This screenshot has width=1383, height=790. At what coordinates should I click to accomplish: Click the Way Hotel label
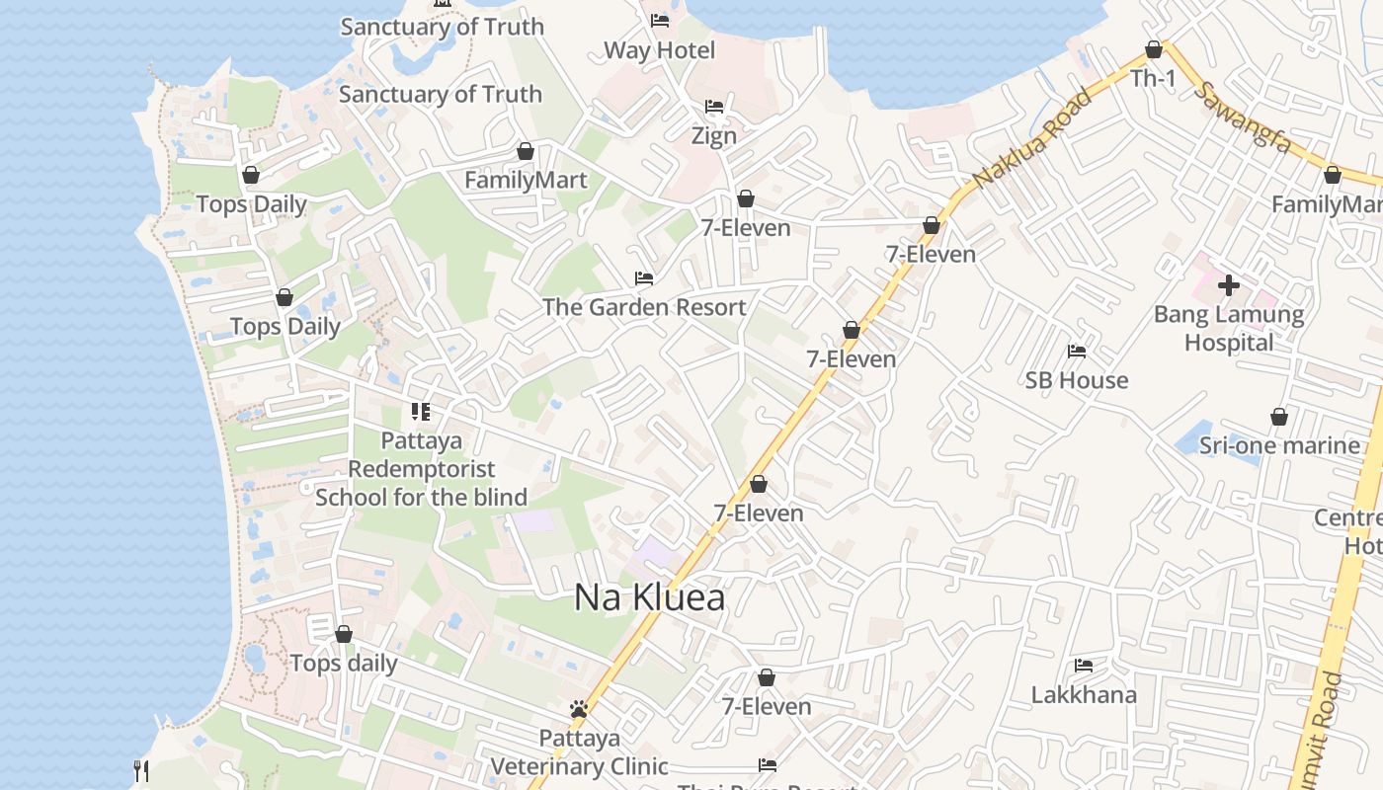pyautogui.click(x=659, y=49)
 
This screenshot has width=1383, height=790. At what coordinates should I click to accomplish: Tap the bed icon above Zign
pyautogui.click(x=714, y=107)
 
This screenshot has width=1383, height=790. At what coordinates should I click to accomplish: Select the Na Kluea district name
pyautogui.click(x=649, y=597)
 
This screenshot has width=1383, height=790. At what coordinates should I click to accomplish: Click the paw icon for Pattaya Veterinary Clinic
pyautogui.click(x=579, y=709)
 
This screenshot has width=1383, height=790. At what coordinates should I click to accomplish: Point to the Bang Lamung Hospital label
pyautogui.click(x=1229, y=329)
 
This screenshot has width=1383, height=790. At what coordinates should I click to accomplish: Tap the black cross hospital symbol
pyautogui.click(x=1229, y=285)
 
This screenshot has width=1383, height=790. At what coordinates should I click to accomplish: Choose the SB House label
pyautogui.click(x=1076, y=380)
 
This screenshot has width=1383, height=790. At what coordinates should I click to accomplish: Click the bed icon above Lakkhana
pyautogui.click(x=1084, y=666)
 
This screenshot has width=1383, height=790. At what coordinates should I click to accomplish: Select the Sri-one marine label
pyautogui.click(x=1279, y=445)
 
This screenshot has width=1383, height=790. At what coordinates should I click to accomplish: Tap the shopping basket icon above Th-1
pyautogui.click(x=1153, y=49)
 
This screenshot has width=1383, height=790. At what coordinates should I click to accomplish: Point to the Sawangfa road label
pyautogui.click(x=1243, y=116)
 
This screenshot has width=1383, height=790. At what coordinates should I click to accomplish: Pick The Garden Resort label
pyautogui.click(x=644, y=307)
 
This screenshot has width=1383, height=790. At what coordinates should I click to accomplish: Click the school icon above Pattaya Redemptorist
pyautogui.click(x=421, y=411)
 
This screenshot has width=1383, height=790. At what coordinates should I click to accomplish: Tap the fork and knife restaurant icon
pyautogui.click(x=141, y=770)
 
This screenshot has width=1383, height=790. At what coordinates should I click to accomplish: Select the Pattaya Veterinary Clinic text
pyautogui.click(x=580, y=752)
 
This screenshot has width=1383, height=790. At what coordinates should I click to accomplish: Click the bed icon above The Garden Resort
pyautogui.click(x=644, y=278)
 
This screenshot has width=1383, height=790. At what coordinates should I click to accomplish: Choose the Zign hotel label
pyautogui.click(x=713, y=135)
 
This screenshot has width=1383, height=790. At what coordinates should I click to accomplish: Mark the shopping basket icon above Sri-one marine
pyautogui.click(x=1279, y=417)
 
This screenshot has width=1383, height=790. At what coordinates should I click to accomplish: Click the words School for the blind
pyautogui.click(x=421, y=497)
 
